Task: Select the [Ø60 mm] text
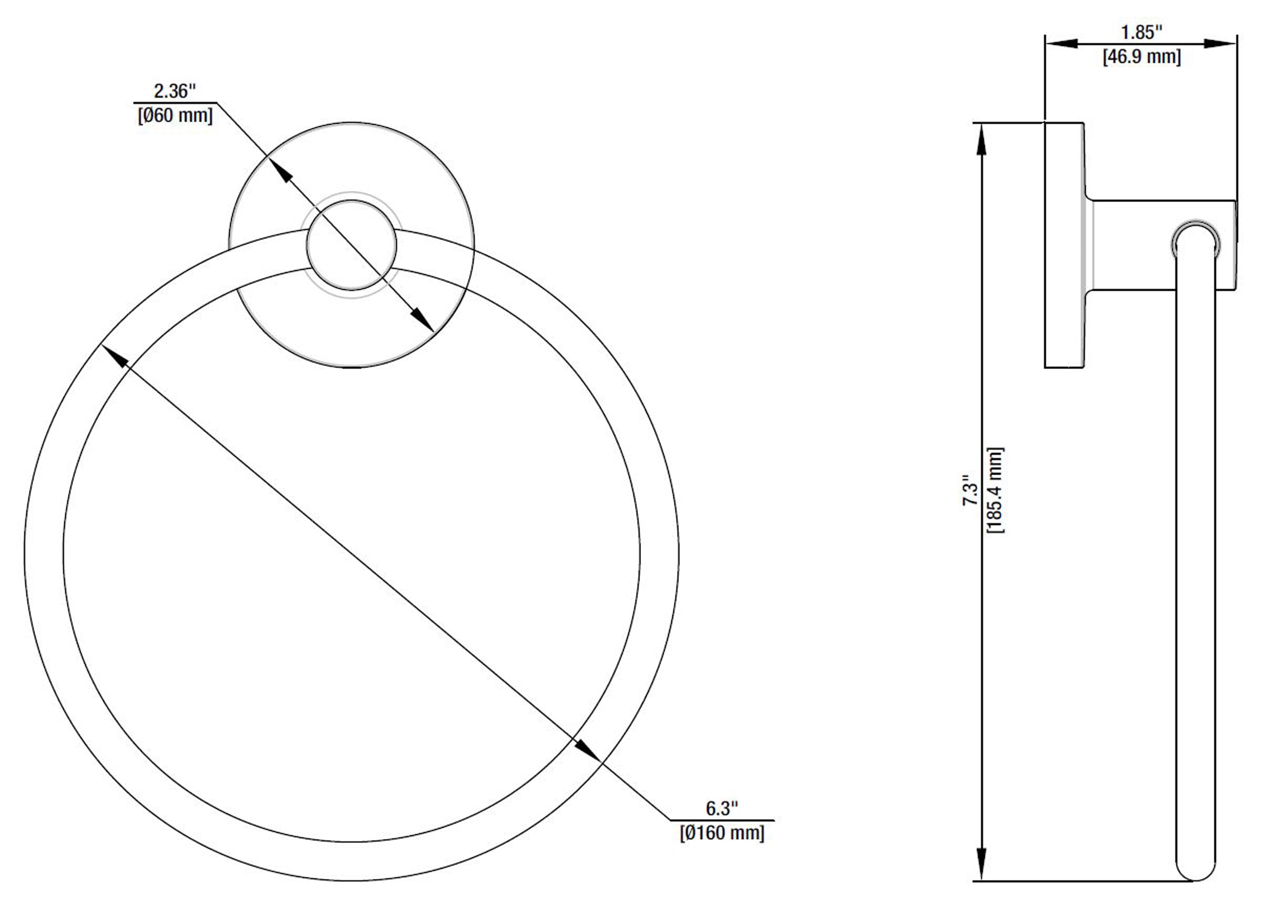coord(175,116)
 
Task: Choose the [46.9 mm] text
coord(1142,57)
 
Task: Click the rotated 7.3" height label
coord(970,490)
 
